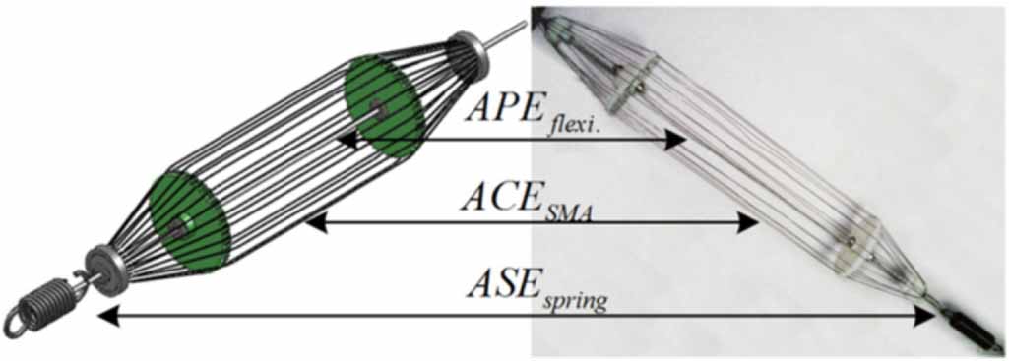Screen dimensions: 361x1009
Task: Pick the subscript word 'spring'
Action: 575,300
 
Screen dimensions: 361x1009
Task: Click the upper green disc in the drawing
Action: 384,105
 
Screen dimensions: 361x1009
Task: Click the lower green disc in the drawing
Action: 189,221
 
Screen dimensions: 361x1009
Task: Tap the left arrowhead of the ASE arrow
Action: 104,316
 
